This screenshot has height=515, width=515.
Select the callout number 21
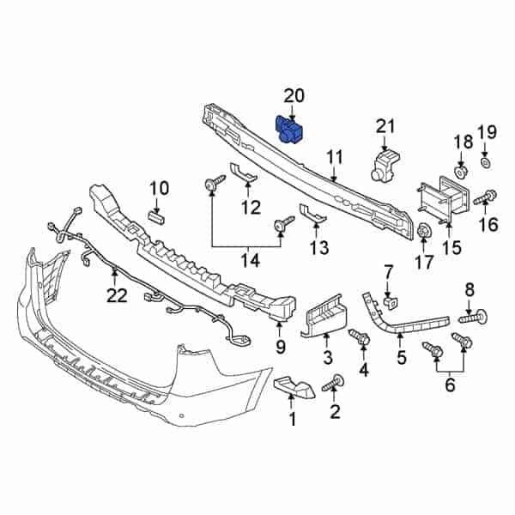click(385, 129)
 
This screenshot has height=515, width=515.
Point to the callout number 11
click(335, 157)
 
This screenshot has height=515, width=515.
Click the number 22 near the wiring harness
click(116, 295)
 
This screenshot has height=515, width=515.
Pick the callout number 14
click(248, 258)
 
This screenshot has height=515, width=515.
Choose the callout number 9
click(280, 347)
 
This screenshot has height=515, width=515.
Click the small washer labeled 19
click(485, 162)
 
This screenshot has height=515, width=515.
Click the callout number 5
click(400, 354)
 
